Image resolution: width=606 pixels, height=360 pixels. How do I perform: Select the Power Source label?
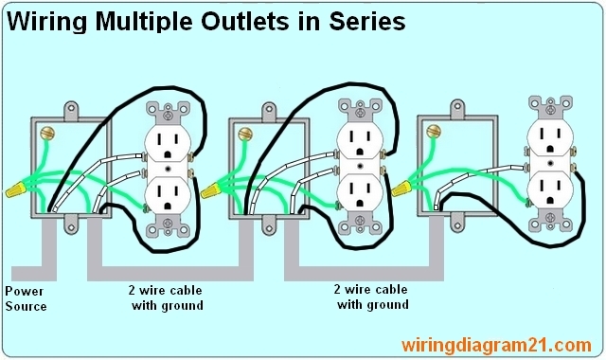tap(26, 298)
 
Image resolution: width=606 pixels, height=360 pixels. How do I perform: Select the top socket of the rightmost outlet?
tap(547, 139)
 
